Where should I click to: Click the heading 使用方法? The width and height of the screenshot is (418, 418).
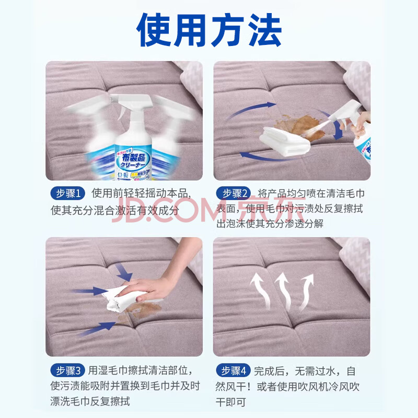click(x=209, y=30)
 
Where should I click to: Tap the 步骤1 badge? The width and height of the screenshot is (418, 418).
click(x=68, y=193)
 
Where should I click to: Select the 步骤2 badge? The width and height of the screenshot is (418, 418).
click(x=233, y=193)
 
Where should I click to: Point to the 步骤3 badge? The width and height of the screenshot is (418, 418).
click(x=68, y=370)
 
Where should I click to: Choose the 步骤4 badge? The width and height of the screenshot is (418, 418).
click(x=233, y=370)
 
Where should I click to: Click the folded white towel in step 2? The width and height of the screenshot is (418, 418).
click(x=285, y=141)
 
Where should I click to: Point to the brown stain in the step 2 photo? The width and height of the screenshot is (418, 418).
click(x=300, y=126)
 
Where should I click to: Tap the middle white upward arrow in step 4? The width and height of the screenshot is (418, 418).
click(x=284, y=292)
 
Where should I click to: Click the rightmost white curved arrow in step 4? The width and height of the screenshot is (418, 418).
click(x=307, y=292)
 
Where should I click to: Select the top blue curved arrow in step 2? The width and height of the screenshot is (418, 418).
click(x=251, y=109)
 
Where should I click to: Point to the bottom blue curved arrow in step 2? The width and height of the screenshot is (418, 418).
click(x=266, y=158)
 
